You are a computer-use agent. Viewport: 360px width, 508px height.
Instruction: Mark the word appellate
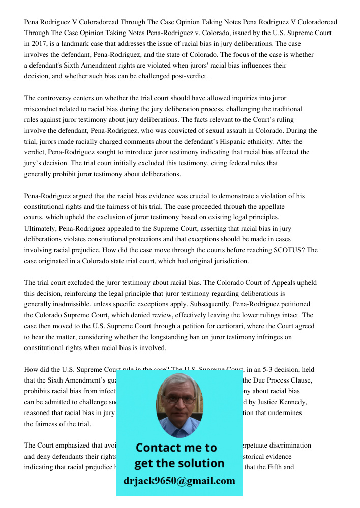coord(270,207)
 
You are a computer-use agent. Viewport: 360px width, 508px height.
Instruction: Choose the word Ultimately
coord(40,228)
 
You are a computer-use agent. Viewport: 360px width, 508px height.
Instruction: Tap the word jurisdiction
coord(229,261)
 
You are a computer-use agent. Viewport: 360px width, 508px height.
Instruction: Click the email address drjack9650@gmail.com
coord(179,481)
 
